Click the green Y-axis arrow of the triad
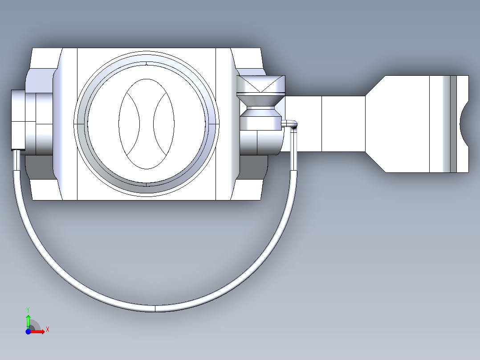click(28, 320)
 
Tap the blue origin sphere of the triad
click(28, 331)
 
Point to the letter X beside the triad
click(48, 330)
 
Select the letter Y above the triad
click(28, 309)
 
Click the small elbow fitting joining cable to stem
click(291, 124)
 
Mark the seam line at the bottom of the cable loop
click(155, 308)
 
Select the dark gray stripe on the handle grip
click(453, 124)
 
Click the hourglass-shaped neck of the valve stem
click(260, 105)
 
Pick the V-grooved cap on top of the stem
click(260, 84)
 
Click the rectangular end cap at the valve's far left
click(18, 119)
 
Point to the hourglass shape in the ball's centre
click(147, 123)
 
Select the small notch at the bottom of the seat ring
click(146, 184)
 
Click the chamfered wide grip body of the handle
click(401, 124)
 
